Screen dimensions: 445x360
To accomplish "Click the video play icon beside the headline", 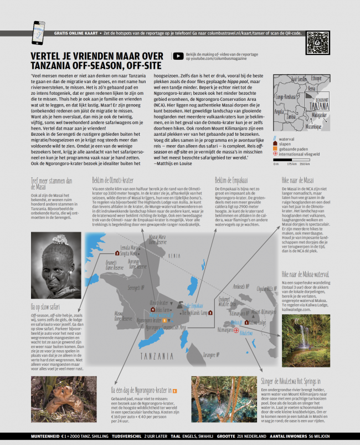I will [x=178, y=55].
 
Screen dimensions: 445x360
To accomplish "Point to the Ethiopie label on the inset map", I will [x=316, y=78].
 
